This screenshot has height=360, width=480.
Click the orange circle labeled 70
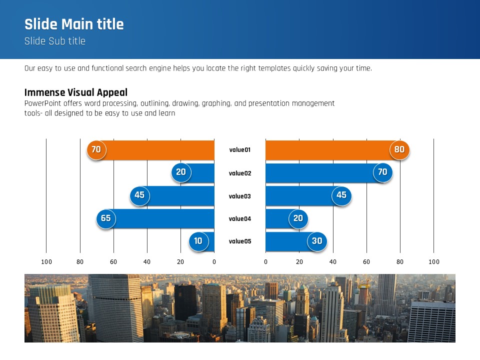tap(96, 150)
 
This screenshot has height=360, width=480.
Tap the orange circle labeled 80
tap(399, 150)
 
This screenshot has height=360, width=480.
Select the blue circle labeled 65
tap(106, 218)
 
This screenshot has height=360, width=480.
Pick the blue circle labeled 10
tap(198, 241)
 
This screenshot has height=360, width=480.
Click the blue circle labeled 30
tap(317, 241)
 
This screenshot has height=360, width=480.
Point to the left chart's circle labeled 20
tap(181, 172)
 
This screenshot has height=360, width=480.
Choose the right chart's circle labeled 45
tap(341, 195)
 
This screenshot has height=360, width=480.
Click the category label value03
tap(240, 196)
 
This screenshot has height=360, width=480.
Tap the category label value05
tap(240, 241)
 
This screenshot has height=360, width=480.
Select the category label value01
tap(240, 150)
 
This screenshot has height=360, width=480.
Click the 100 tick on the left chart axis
tap(46, 262)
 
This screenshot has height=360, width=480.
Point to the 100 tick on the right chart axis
tap(434, 262)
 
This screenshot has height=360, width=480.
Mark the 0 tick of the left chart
tap(214, 262)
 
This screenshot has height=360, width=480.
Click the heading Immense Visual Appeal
tap(76, 92)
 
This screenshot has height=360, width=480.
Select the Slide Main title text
tap(74, 24)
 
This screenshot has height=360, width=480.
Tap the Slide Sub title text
tap(55, 41)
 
